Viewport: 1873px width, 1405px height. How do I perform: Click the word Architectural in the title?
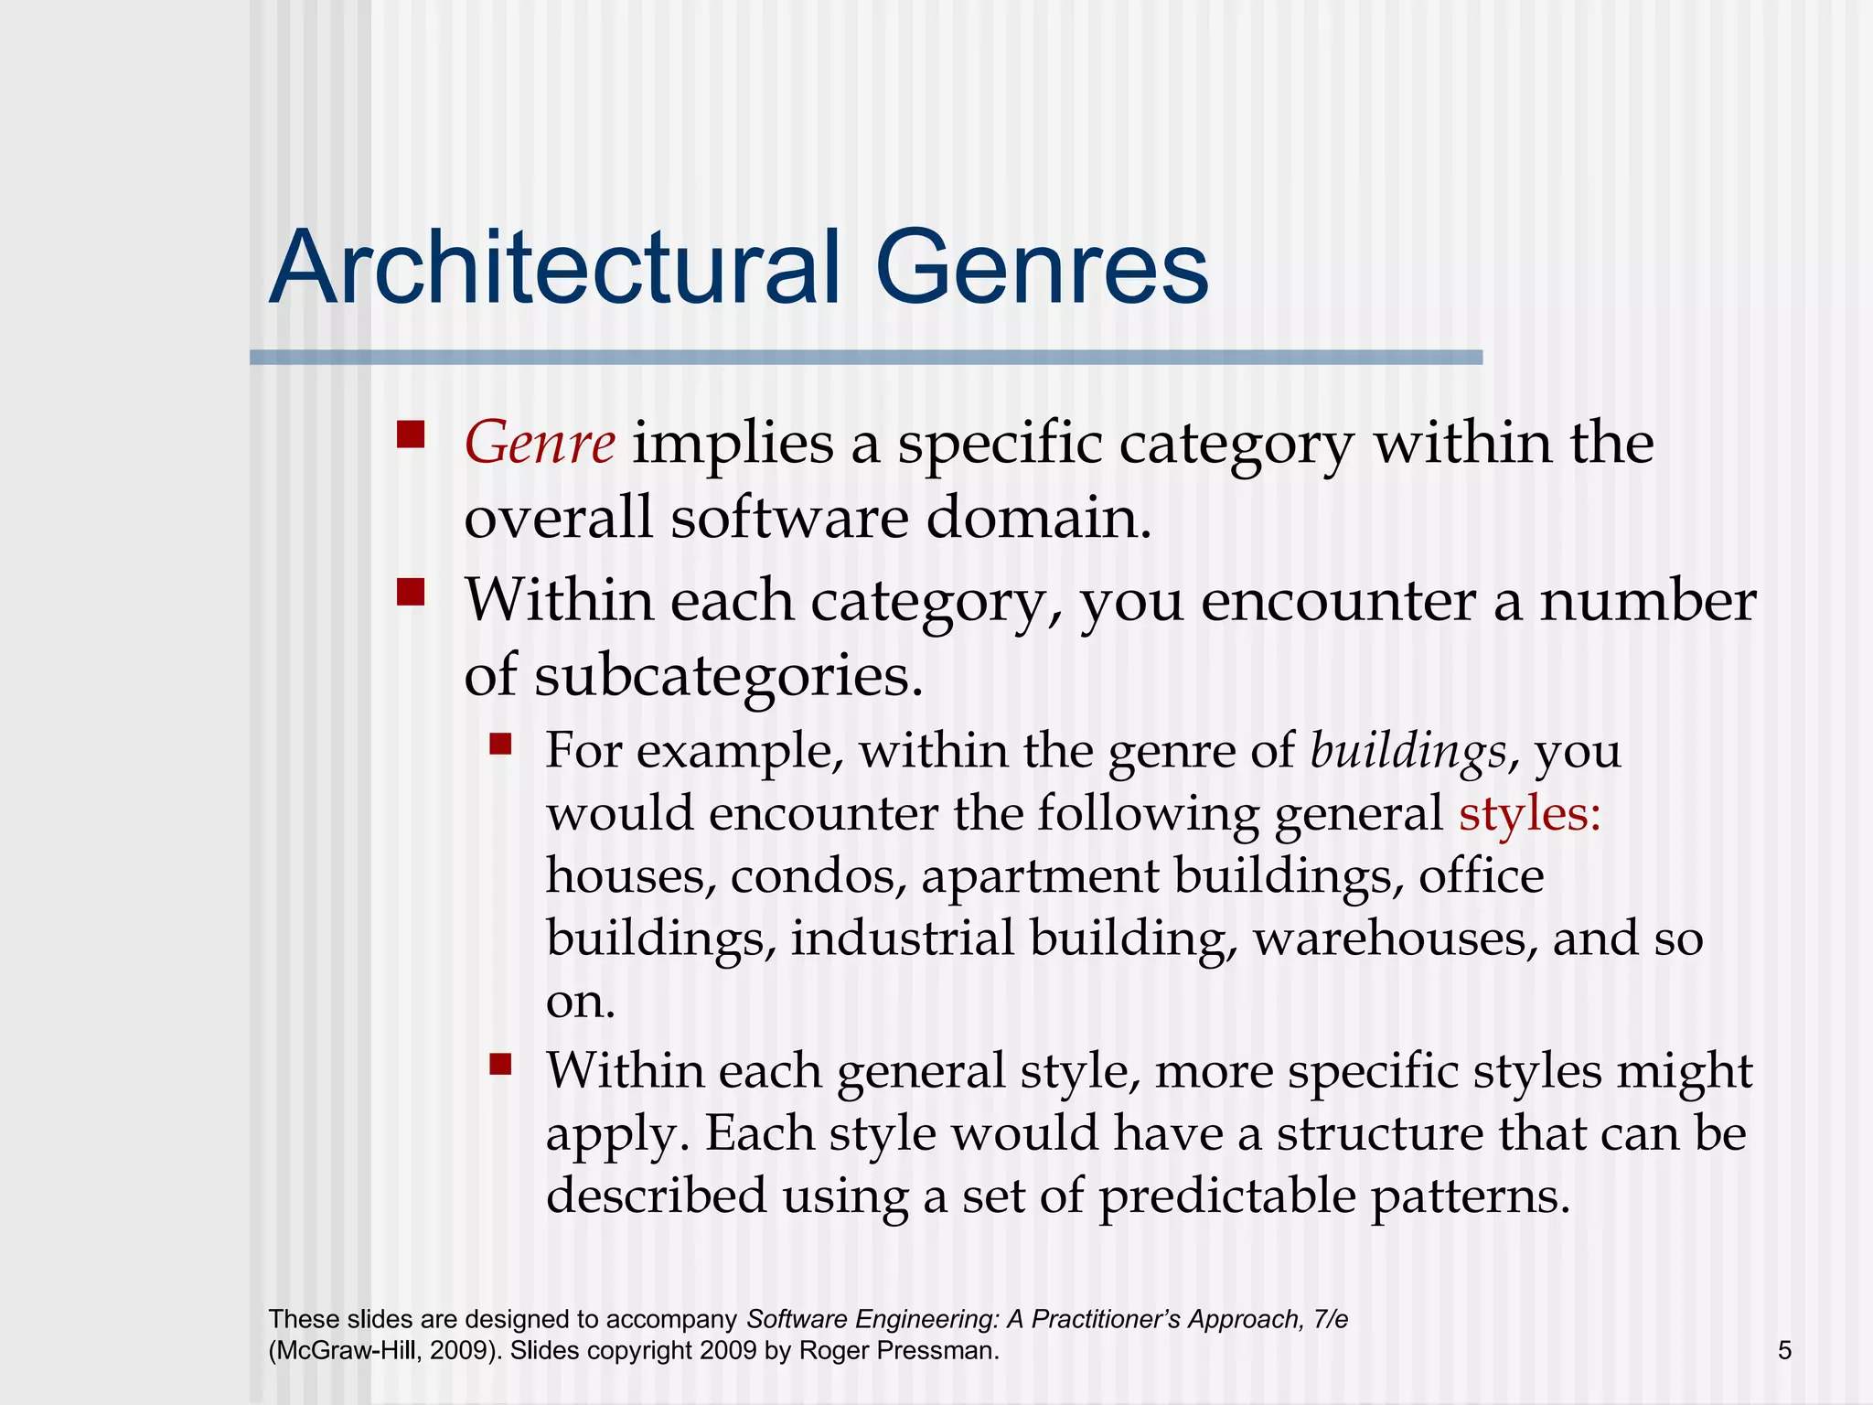point(554,268)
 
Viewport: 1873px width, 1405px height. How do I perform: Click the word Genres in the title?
point(1042,268)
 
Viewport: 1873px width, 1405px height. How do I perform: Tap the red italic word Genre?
point(540,444)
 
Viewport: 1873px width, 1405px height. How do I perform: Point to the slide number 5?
point(1784,1350)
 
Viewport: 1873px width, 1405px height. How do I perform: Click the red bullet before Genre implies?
point(412,434)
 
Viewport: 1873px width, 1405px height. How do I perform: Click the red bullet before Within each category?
point(412,592)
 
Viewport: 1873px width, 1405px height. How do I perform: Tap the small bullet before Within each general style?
point(500,1064)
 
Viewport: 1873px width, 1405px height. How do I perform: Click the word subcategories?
point(728,677)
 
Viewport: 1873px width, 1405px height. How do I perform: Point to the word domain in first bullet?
point(1037,519)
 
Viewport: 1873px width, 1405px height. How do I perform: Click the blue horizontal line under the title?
point(865,358)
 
